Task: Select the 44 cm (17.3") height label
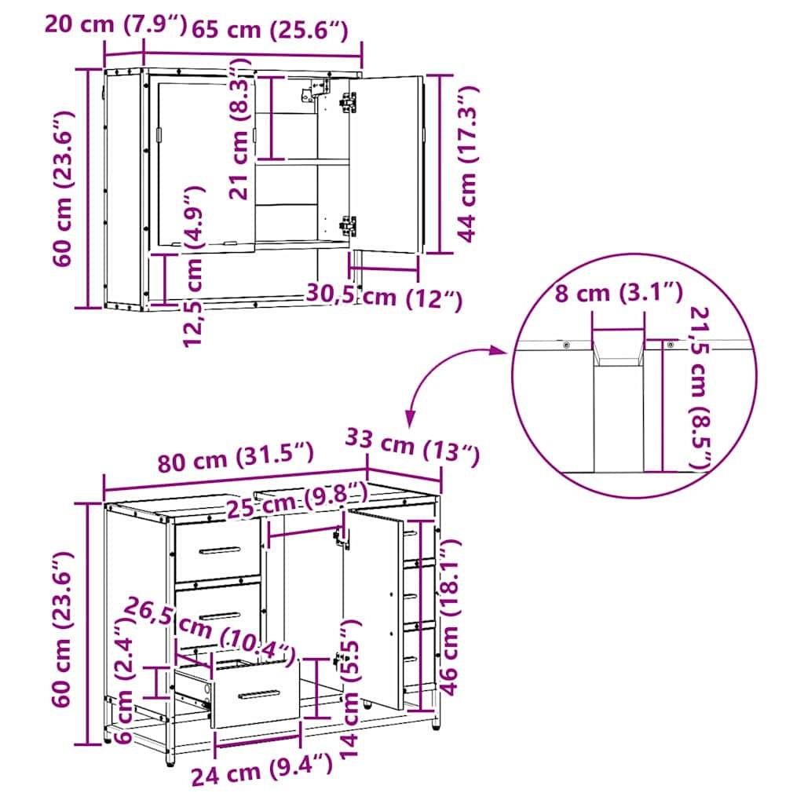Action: [x=468, y=165]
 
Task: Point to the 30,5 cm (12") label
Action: [x=383, y=298]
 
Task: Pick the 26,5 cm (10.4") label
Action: [x=212, y=629]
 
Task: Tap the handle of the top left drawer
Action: [x=218, y=550]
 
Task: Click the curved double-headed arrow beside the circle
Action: [x=444, y=375]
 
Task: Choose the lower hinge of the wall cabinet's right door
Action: [x=348, y=225]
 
